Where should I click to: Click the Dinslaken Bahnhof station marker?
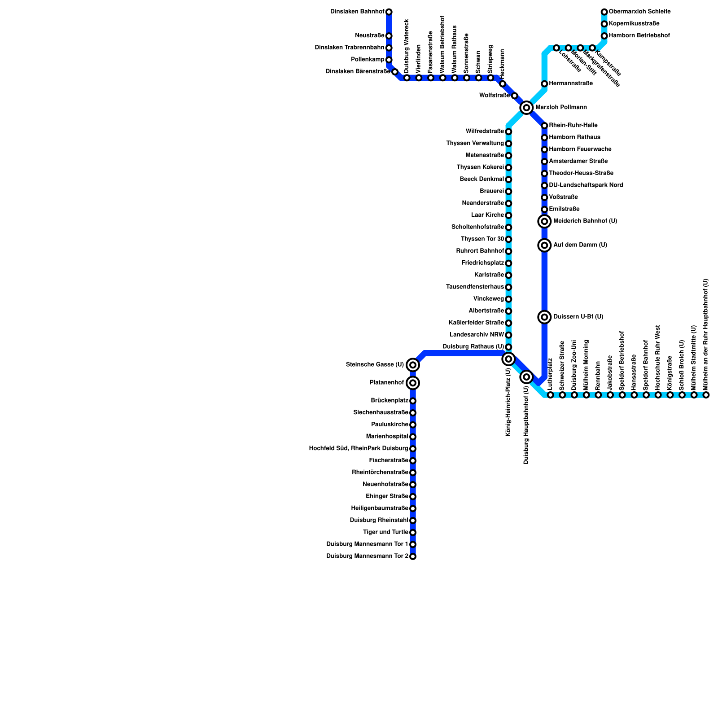389,12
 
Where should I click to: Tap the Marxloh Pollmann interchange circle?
526,108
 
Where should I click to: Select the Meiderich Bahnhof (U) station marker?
544,221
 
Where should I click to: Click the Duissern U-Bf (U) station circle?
544,317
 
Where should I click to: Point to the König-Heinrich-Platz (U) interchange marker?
508,359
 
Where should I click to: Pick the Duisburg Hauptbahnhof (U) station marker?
527,377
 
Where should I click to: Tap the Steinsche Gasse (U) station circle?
413,365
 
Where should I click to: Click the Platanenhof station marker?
413,383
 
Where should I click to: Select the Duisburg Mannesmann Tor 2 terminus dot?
413,556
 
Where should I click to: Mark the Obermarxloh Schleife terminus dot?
604,12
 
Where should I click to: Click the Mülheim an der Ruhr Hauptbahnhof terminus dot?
706,395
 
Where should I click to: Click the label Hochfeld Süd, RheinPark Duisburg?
359,448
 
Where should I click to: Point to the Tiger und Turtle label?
385,532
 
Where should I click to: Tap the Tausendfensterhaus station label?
475,287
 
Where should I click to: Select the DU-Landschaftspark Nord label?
586,185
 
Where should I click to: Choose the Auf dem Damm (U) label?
580,245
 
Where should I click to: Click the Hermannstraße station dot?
544,84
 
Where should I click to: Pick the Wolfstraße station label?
495,96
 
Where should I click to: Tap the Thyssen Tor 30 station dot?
508,239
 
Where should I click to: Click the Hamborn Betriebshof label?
639,35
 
